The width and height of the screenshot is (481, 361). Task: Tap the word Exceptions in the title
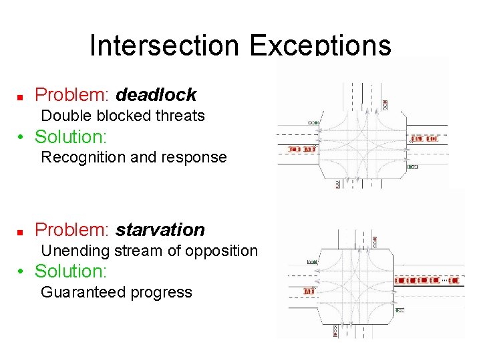320,45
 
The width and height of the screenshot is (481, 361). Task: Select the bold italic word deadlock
156,95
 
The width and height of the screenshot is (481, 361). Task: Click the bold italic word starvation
160,230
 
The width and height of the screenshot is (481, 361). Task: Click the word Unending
73,251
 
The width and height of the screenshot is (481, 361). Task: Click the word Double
65,116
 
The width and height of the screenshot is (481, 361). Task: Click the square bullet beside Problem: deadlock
20,96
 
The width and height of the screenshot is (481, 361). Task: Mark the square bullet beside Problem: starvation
20,231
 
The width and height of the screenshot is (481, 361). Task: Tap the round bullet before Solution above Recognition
22,138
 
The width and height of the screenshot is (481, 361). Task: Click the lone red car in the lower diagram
308,291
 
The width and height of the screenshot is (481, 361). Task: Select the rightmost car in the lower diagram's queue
454,281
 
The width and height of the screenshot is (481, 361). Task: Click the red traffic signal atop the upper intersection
385,104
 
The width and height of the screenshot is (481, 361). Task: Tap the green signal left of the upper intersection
312,123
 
